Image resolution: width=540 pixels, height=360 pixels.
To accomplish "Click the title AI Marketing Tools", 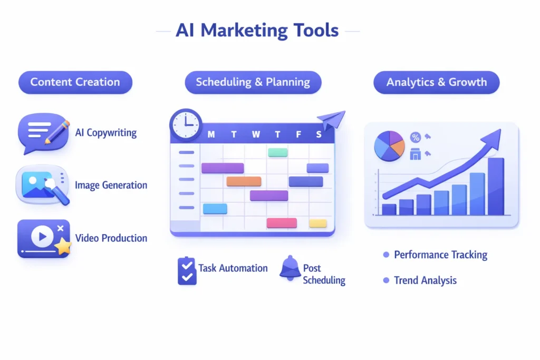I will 257,30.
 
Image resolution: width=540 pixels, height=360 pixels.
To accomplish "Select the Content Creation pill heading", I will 75,82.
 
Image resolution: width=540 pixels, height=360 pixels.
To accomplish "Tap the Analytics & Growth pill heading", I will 436,82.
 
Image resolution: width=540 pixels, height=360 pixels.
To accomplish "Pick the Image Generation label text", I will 111,185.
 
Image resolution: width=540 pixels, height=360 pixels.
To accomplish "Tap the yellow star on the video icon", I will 63,246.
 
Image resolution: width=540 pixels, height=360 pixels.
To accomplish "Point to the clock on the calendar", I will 186,125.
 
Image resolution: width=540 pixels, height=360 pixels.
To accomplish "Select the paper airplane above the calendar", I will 331,120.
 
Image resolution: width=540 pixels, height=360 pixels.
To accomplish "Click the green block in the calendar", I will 278,152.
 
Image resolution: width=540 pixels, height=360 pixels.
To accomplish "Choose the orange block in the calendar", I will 244,181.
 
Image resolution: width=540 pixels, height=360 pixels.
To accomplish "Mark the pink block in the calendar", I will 282,222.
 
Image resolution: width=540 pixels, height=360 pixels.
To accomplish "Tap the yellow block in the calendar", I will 318,223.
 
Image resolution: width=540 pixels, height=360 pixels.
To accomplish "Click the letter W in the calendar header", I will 256,134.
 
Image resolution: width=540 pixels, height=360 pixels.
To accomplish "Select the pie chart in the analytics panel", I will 389,145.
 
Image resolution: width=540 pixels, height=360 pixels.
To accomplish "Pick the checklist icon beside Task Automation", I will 187,270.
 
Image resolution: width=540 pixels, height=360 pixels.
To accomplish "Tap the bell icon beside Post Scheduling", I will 290,269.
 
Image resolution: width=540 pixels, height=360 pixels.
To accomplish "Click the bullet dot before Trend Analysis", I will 386,280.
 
